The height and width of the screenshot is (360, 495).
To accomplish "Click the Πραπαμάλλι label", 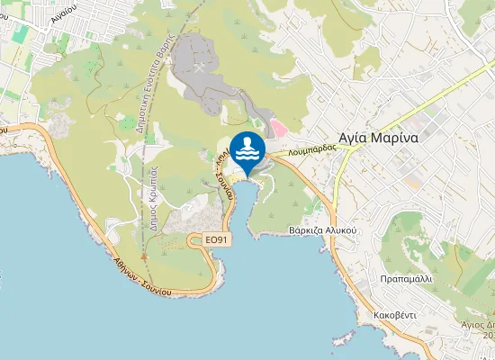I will coord(406,279).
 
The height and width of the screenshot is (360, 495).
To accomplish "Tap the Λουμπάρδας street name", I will coord(312,151).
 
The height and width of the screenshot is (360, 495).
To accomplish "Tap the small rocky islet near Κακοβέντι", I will coord(339,340).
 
